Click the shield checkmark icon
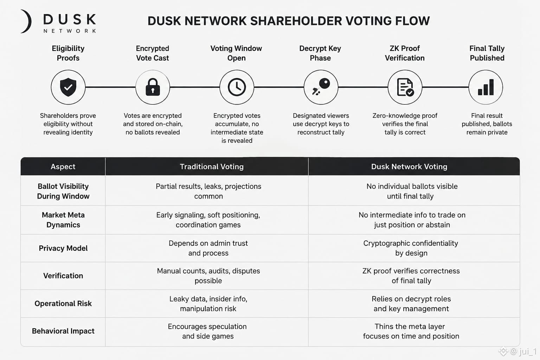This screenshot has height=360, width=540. point(68,87)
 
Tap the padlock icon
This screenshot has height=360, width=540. point(153,87)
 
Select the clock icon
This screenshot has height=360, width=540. point(237,87)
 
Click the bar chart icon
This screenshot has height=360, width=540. point(486,87)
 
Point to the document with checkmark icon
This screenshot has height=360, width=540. point(405,87)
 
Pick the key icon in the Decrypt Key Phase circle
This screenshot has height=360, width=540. point(321,87)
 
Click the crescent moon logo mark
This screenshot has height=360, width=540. point(26,21)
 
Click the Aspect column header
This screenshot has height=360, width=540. point(63,167)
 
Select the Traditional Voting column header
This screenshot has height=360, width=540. point(212,167)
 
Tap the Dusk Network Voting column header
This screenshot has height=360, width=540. point(409,167)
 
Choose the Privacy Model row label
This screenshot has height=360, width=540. point(63,248)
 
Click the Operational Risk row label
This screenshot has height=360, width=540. point(63,303)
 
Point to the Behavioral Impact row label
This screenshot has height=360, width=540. point(63,331)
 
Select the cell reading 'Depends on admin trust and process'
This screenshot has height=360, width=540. point(208,248)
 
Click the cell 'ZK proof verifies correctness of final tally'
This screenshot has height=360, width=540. point(411,276)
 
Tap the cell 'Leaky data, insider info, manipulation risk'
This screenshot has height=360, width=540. point(208,304)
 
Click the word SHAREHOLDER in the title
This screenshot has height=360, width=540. point(296,21)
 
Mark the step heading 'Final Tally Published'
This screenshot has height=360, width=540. point(487,53)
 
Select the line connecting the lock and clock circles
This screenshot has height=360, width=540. point(194,87)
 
